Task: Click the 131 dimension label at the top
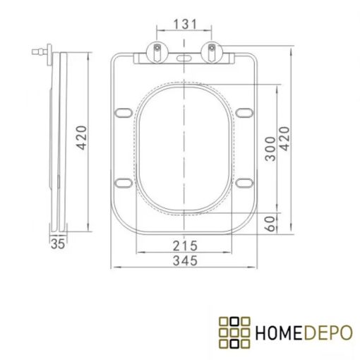click(185, 24)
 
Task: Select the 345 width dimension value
click(185, 260)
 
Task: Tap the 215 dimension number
click(185, 246)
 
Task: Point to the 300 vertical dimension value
click(270, 149)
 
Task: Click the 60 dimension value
click(270, 224)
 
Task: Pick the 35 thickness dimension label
click(58, 244)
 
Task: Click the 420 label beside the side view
click(82, 138)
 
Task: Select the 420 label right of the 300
click(284, 138)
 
